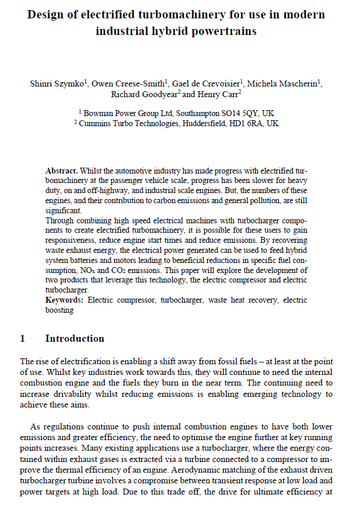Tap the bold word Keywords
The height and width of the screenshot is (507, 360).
click(x=65, y=300)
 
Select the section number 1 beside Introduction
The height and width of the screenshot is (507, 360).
click(x=22, y=339)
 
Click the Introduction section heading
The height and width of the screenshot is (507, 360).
click(x=75, y=339)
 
